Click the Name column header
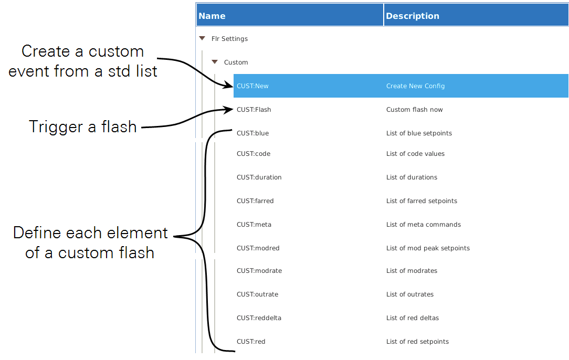tap(212, 16)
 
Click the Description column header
tap(412, 16)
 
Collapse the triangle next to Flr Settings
tap(202, 38)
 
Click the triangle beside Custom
tap(214, 62)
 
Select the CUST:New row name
tap(252, 86)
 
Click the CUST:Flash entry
tap(254, 110)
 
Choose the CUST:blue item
tap(252, 133)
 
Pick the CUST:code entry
tap(254, 154)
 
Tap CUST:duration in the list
tap(259, 177)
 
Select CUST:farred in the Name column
tap(255, 201)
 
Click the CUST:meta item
tap(254, 225)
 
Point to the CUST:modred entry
tap(258, 248)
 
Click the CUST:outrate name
tap(257, 294)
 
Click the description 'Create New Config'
tap(415, 86)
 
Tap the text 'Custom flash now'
tap(414, 110)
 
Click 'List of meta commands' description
tap(423, 225)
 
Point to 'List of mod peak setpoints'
tap(428, 248)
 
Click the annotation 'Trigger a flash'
tap(83, 126)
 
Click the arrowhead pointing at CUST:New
tap(229, 85)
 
